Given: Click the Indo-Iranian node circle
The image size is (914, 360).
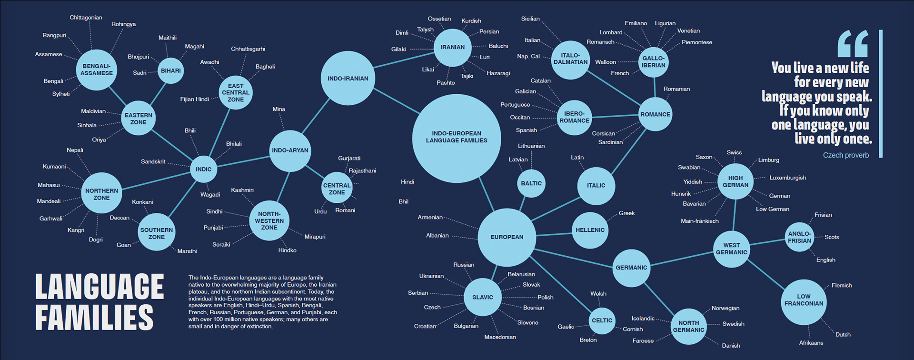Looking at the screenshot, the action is pos(348,78).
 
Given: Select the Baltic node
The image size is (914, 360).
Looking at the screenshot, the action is pos(531,183).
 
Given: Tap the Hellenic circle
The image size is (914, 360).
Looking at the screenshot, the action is pos(590,230).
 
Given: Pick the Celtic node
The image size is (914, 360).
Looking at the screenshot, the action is pos(602,320).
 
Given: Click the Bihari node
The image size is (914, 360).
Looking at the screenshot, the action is pos(170,70).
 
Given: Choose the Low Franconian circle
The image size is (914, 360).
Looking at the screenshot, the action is pos(804,300).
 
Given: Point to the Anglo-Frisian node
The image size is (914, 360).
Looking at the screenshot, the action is pos(799,237).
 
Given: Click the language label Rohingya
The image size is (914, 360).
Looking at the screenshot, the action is pos(123,24).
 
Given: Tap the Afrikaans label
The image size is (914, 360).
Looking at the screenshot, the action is pos(811,343).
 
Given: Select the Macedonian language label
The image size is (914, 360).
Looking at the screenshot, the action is pos(500,337).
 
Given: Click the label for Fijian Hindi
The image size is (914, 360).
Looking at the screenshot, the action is pos(194,100).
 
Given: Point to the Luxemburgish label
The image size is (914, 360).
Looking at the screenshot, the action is pos(787,178).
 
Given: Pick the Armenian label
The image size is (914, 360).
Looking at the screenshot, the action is pos(430,218).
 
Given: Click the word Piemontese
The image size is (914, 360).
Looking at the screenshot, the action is pos(696,42).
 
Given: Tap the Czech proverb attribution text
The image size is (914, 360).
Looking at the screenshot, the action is pos(845,155).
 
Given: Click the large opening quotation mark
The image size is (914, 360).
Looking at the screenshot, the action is pos(853,44).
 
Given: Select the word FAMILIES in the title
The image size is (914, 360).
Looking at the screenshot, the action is pos(94,317).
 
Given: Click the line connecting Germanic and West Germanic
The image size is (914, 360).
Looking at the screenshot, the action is pos(681,259).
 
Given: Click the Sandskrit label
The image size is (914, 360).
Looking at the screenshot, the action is pos(153,162).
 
